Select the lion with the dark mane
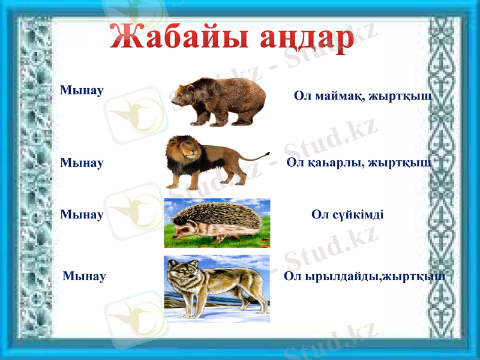(210, 160)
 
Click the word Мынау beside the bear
(82, 90)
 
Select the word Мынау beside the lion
(82, 163)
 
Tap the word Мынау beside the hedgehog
(82, 214)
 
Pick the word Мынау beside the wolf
(84, 276)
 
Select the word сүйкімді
(356, 215)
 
